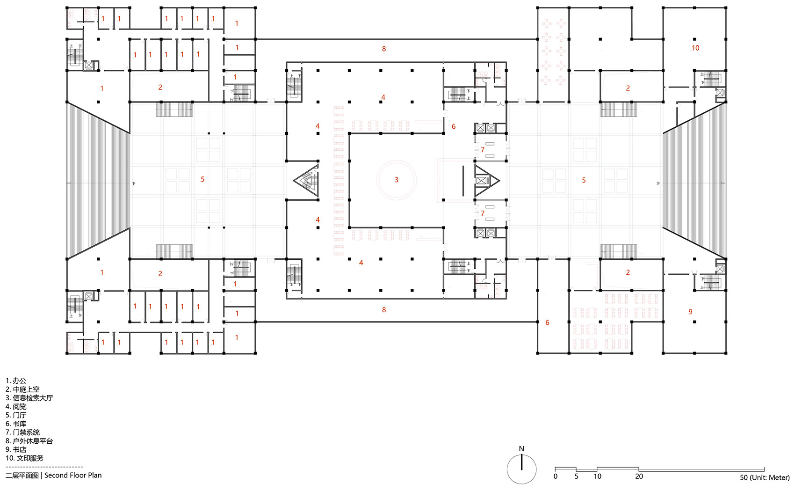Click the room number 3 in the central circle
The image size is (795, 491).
tap(397, 180)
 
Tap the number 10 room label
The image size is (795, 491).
tap(695, 48)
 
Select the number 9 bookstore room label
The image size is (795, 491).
tap(690, 312)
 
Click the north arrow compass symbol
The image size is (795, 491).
tap(521, 469)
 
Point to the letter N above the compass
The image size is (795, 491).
tap(521, 449)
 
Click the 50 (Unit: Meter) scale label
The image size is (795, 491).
tap(764, 477)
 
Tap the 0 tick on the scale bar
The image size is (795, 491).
tap(556, 476)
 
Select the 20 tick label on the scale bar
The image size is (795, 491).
tap(639, 476)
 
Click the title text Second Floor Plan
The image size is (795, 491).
tap(73, 475)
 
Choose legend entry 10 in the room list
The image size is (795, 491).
tap(24, 458)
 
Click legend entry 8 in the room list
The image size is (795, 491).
tap(29, 441)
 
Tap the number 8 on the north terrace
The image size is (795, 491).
tap(384, 49)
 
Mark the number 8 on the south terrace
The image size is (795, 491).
tap(384, 310)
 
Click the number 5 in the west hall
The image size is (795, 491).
tap(202, 179)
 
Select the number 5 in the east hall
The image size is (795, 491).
tap(584, 180)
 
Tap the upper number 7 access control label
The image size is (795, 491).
tap(483, 150)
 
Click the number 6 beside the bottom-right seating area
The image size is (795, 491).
tap(547, 322)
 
